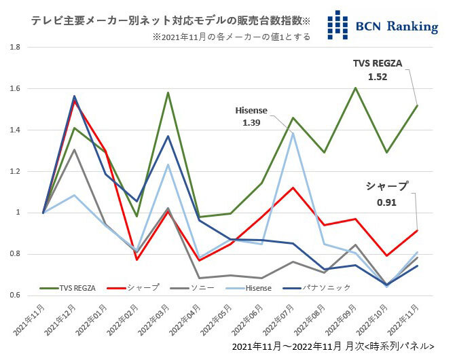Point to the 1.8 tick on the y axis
point(14,47)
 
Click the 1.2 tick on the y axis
point(14,171)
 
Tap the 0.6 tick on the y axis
point(14,295)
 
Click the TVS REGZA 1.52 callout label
point(378,70)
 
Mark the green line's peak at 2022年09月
point(355,88)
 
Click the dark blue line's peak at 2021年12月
point(75,96)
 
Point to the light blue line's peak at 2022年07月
point(293,134)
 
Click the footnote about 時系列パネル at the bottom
point(333,346)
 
